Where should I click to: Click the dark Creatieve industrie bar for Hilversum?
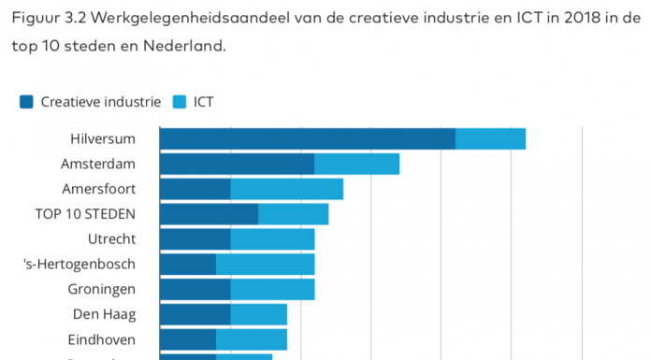[x=307, y=138]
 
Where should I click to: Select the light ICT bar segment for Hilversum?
[x=490, y=138]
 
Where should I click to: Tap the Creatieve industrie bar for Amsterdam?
[x=237, y=164]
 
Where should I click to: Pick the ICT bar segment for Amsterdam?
[x=356, y=164]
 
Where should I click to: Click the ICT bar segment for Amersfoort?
[x=286, y=189]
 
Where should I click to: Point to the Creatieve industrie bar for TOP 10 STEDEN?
[x=209, y=214]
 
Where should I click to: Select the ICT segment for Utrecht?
[x=272, y=239]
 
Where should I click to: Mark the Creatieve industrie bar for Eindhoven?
[x=187, y=339]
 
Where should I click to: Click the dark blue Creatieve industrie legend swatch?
[x=26, y=102]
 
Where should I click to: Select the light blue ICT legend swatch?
[x=180, y=102]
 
